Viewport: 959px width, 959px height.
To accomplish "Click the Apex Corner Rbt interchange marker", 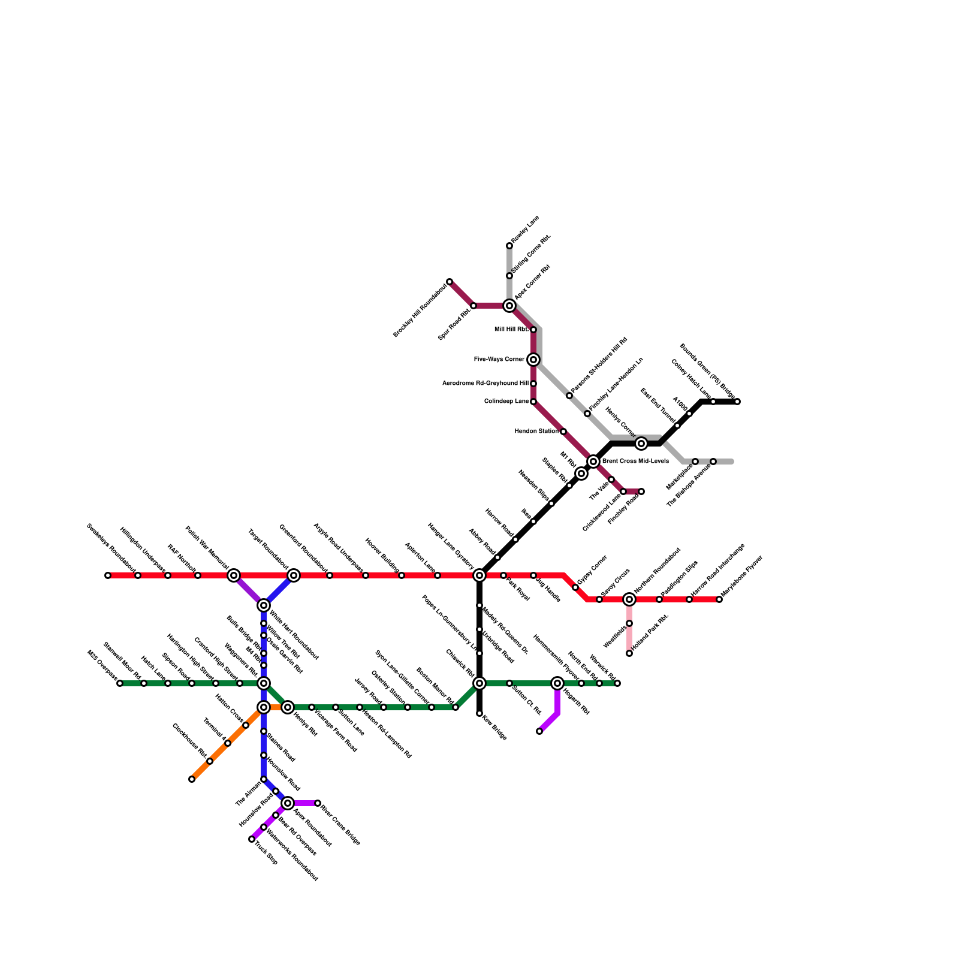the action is click(509, 306).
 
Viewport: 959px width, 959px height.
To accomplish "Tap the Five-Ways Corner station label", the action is click(499, 360).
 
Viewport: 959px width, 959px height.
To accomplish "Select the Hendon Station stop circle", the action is click(563, 432).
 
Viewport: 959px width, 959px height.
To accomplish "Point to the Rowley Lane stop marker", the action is click(509, 246).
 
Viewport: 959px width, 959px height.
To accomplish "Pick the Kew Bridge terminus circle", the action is click(479, 713).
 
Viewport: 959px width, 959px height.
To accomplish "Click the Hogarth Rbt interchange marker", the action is click(557, 683).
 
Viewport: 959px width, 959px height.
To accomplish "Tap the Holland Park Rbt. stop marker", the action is click(629, 653).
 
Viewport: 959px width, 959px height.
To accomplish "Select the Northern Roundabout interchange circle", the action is click(629, 599).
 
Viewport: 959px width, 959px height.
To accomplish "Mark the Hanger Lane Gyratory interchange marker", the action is click(479, 575).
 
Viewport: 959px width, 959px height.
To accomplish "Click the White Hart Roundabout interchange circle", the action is click(264, 605).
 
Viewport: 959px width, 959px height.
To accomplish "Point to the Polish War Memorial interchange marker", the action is click(234, 575).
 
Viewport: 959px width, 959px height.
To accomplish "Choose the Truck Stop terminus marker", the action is click(252, 839).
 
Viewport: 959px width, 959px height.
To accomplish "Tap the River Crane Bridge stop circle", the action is click(318, 803).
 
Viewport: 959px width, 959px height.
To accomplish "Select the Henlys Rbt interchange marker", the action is click(288, 707).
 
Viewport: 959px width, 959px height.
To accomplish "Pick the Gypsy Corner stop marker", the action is click(575, 587).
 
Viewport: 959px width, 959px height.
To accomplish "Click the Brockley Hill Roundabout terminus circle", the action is click(450, 282).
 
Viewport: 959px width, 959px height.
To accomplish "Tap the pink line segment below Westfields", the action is click(629, 639).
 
